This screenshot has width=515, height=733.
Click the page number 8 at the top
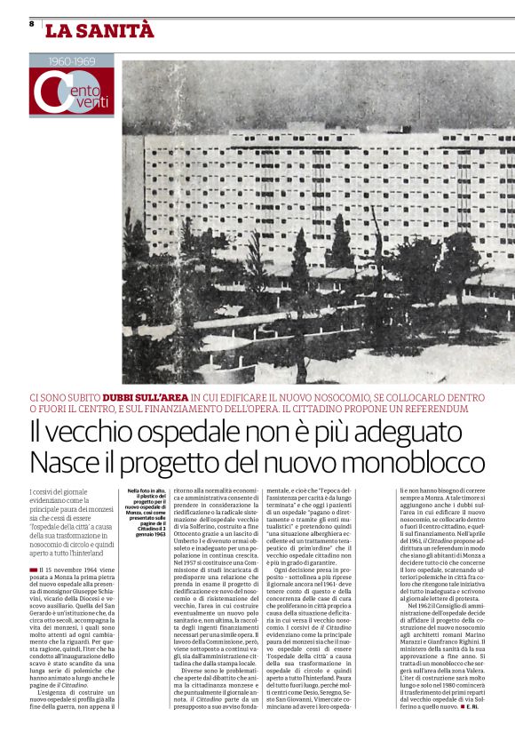point(32,23)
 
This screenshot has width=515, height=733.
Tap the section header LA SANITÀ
point(99,30)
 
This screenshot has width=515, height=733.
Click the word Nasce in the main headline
point(70,463)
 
